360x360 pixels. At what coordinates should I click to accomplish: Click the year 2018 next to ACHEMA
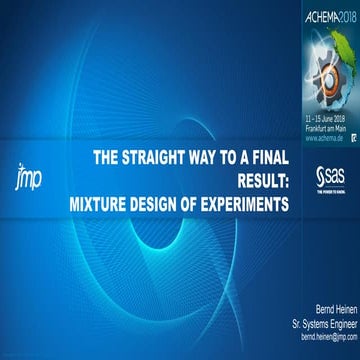tap(345, 17)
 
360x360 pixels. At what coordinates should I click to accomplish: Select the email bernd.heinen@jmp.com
tap(322, 339)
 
